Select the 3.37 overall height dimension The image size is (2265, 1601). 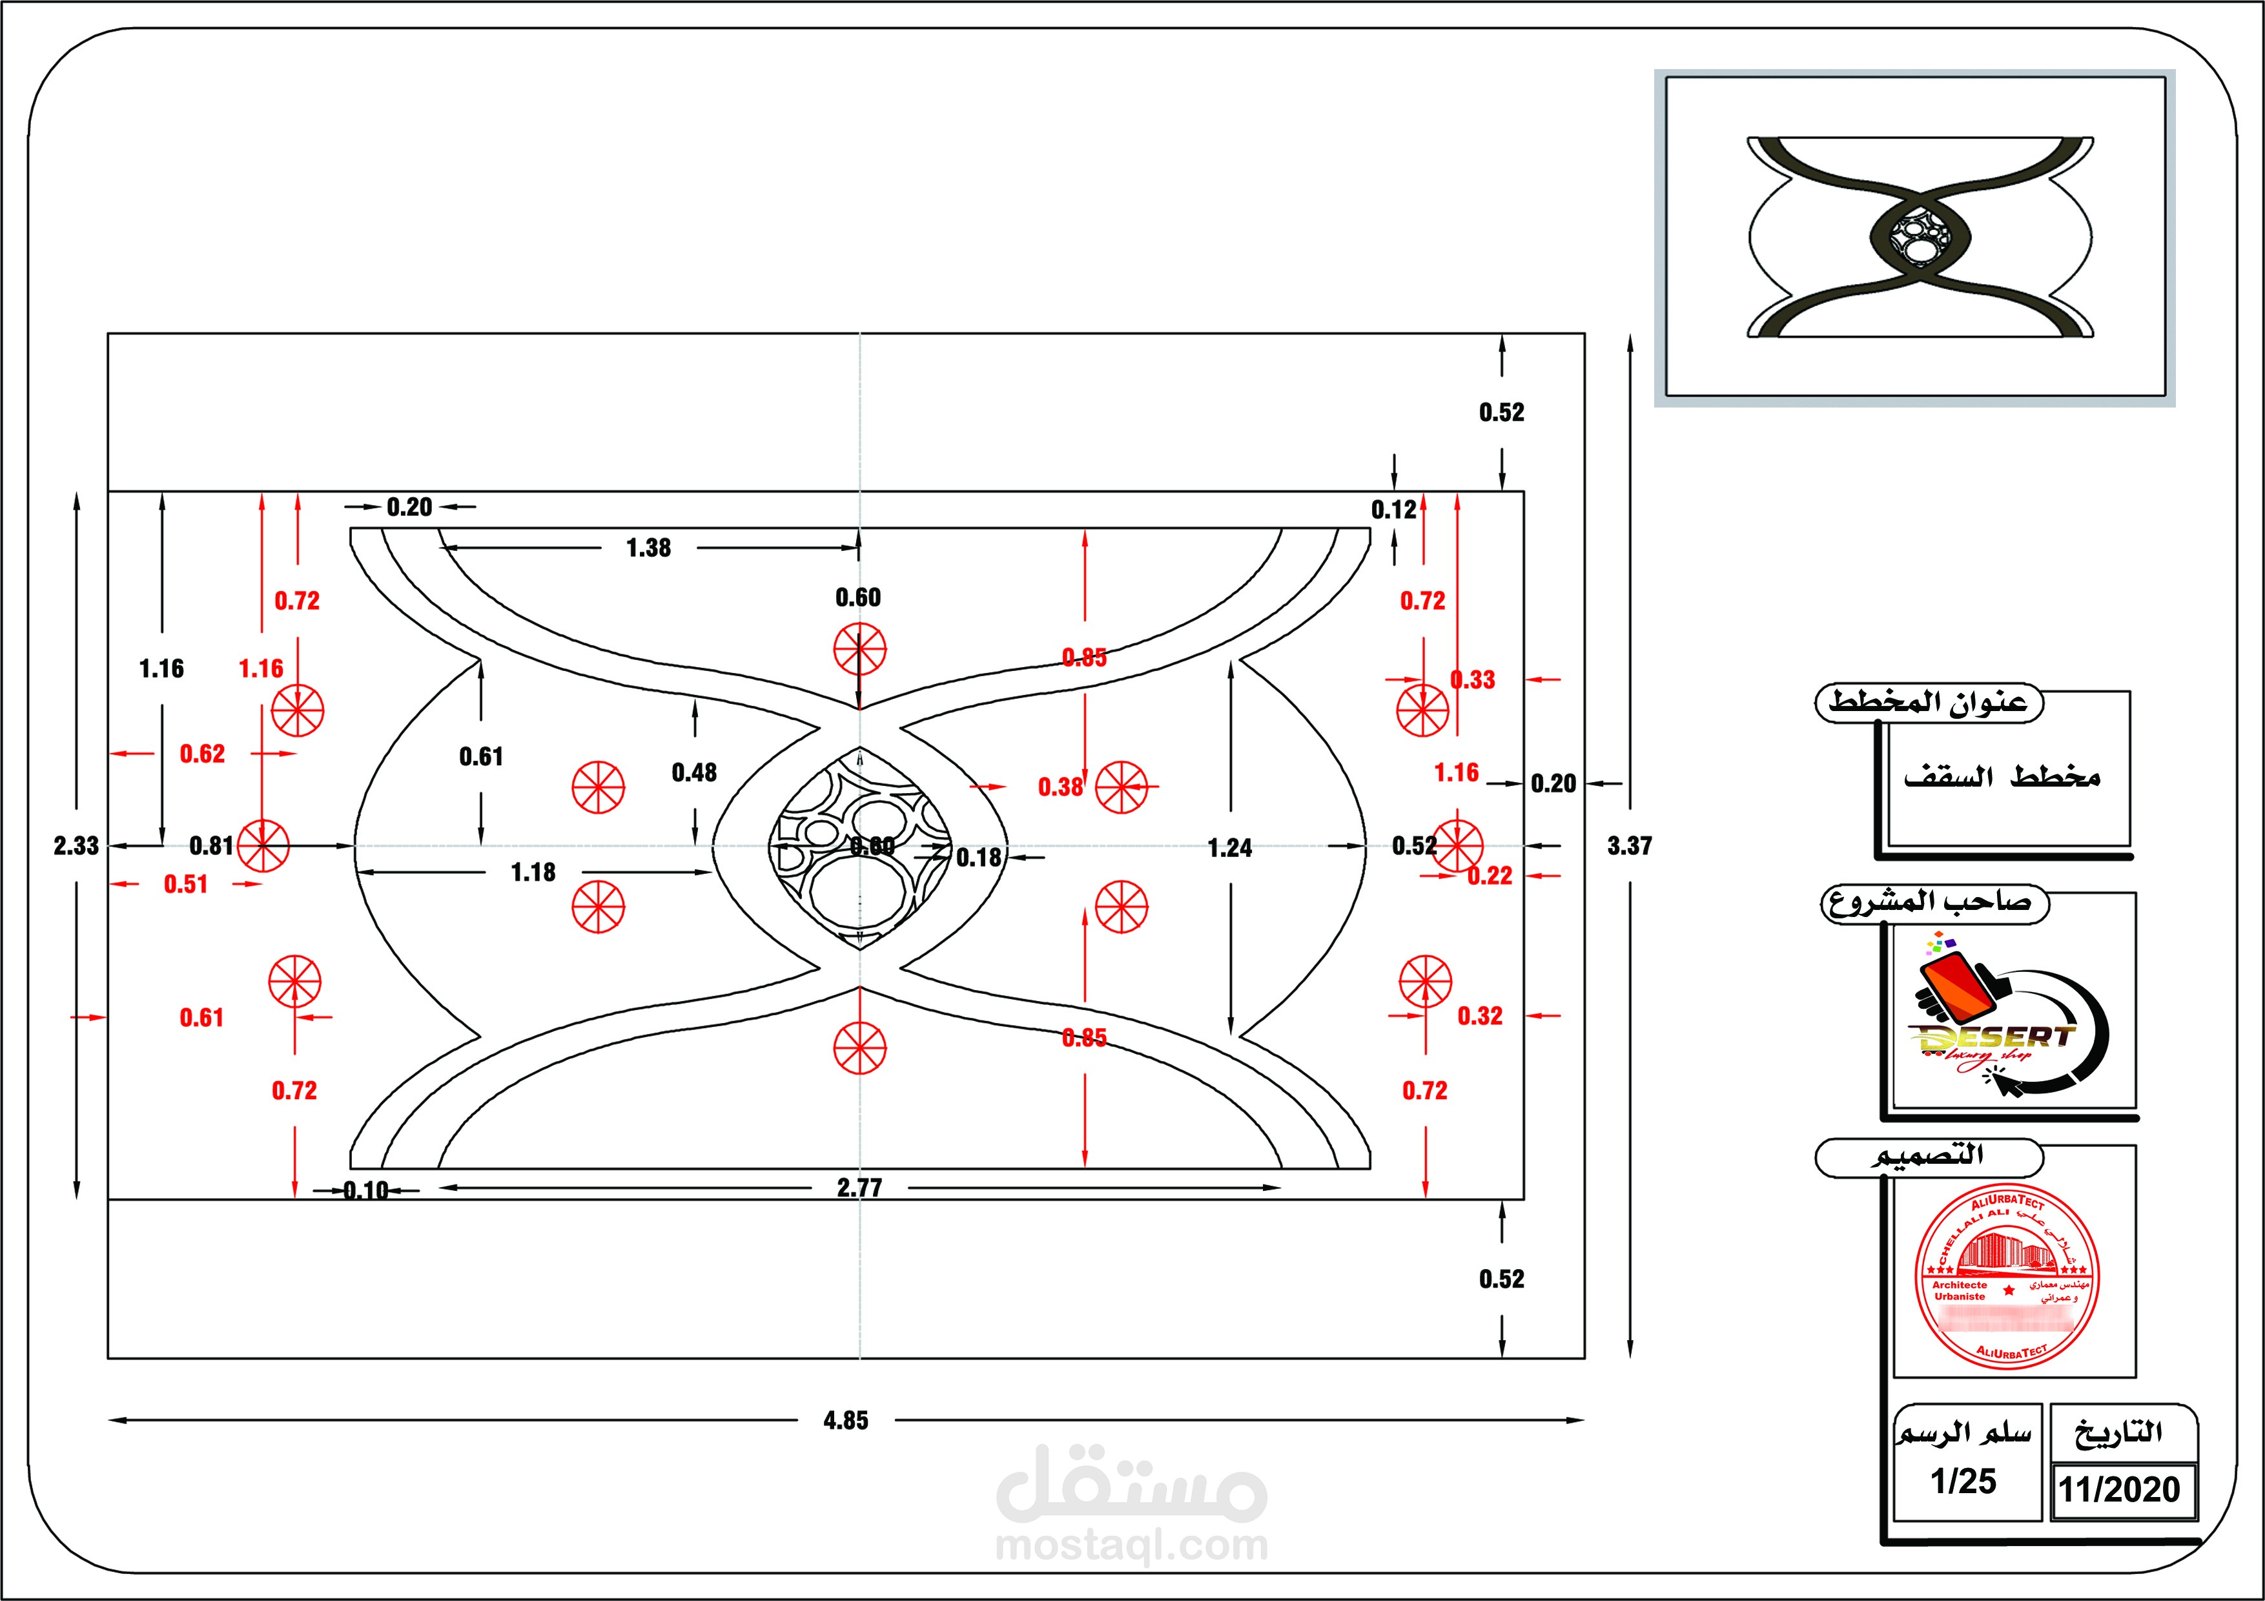point(1629,845)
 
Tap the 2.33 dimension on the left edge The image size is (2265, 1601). point(76,845)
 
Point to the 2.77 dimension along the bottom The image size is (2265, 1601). point(859,1188)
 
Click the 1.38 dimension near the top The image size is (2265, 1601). point(648,548)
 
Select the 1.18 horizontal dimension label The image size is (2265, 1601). point(533,872)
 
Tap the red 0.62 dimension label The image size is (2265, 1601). point(202,754)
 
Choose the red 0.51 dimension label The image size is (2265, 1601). point(185,884)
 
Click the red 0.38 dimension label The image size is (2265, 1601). point(1060,787)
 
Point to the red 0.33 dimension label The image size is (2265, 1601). point(1473,679)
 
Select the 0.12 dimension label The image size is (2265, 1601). point(1393,510)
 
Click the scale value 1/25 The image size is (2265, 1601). point(1963,1481)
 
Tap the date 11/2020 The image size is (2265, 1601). point(2119,1489)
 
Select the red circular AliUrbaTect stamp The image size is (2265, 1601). point(2007,1277)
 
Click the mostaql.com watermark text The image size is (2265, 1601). point(1131,1545)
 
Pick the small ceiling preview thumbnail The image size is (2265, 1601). point(1915,238)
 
